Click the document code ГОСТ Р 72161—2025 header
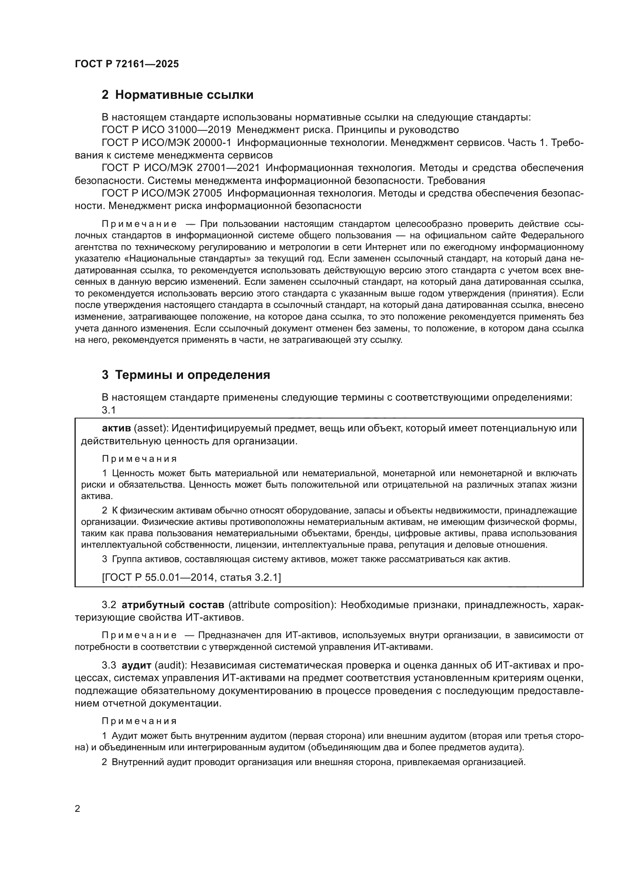127,64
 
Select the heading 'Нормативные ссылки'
184,95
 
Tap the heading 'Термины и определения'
192,375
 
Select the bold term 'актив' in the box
116,428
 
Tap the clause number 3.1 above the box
109,410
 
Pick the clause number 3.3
109,665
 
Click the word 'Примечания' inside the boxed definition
140,459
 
